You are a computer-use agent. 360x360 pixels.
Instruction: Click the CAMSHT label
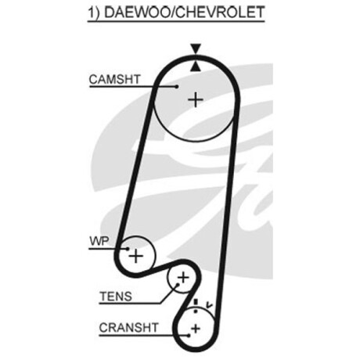coord(114,79)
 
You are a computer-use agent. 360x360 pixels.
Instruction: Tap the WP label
coord(99,241)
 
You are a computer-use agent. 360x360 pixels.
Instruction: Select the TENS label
coord(116,297)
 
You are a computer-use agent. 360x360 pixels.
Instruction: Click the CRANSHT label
coord(129,328)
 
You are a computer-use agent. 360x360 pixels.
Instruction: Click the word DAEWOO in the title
coord(136,13)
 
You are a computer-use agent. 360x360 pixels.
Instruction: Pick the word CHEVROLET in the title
coord(219,13)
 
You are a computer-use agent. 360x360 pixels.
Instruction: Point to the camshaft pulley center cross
coord(196,99)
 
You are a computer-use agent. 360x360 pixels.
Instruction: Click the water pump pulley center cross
coord(136,256)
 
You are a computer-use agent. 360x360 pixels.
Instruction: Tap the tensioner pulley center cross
coord(183,278)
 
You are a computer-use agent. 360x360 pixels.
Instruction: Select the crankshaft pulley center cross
coord(196,329)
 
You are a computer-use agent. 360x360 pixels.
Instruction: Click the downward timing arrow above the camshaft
coord(196,49)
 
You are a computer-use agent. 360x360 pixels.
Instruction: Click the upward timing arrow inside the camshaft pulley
coord(196,67)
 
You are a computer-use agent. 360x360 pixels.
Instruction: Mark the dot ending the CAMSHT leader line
coord(177,86)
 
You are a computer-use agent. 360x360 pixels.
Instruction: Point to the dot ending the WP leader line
coord(128,249)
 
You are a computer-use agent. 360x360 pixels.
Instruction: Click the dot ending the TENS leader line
coord(178,284)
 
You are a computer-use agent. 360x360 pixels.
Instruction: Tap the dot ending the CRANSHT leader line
coord(189,336)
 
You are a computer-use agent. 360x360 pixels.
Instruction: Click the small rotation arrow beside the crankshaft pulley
coord(209,304)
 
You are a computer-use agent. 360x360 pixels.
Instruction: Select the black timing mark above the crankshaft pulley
coord(196,302)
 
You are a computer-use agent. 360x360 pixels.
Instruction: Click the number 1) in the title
coord(94,13)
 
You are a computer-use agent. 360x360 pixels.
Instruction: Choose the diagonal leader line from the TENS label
coord(169,294)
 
